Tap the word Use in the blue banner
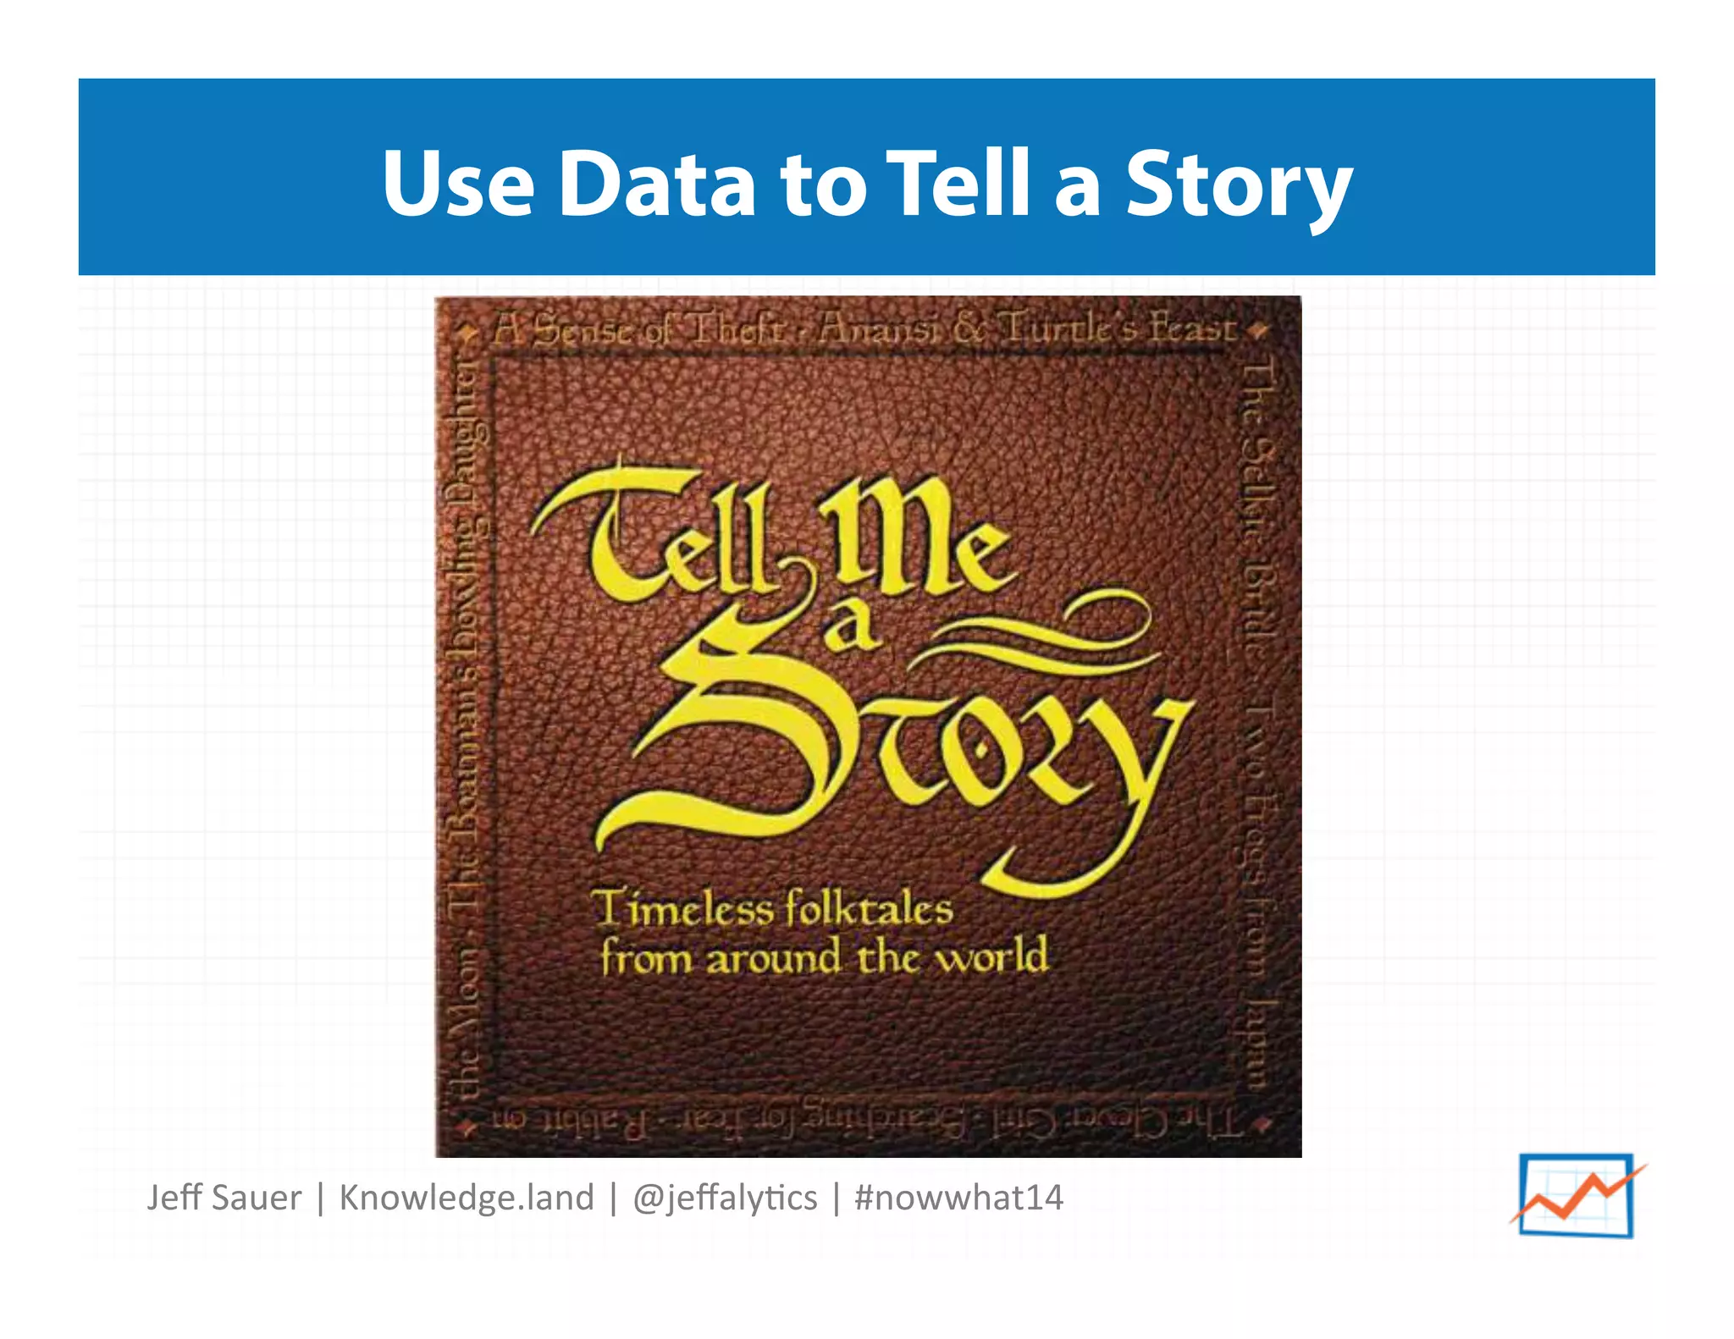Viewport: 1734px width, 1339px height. point(458,184)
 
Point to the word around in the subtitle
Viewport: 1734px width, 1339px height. point(773,959)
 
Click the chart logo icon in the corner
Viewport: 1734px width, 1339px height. point(1577,1195)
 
